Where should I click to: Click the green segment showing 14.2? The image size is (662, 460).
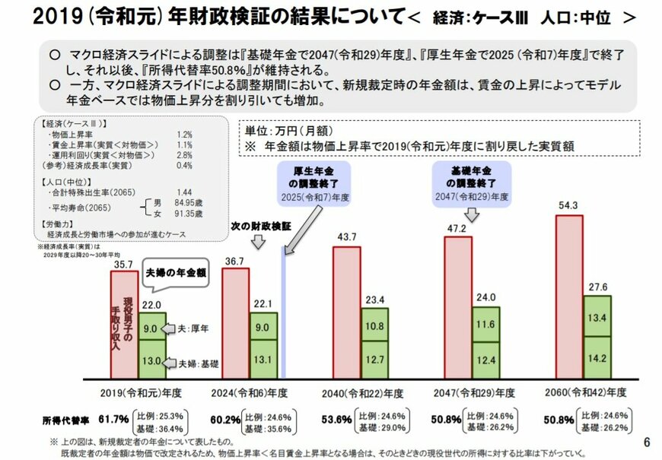pyautogui.click(x=597, y=356)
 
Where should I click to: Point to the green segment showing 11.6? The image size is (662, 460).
pyautogui.click(x=485, y=324)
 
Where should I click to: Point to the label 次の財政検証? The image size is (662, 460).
pyautogui.click(x=255, y=227)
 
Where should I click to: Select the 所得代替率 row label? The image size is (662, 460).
pyautogui.click(x=65, y=419)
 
